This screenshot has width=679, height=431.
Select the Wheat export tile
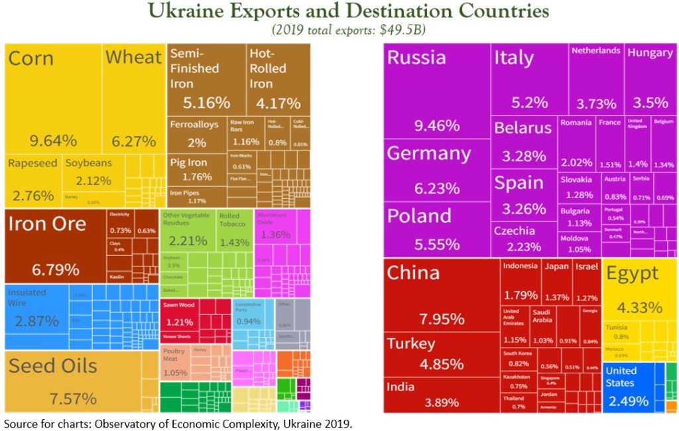click(x=133, y=99)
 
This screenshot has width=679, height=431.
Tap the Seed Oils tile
click(x=73, y=381)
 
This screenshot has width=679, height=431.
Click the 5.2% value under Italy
click(x=529, y=103)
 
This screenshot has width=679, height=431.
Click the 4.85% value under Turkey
click(x=441, y=364)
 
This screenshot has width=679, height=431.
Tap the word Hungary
click(x=649, y=52)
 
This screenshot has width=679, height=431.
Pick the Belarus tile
click(x=523, y=142)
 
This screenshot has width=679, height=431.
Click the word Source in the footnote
click(x=21, y=423)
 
